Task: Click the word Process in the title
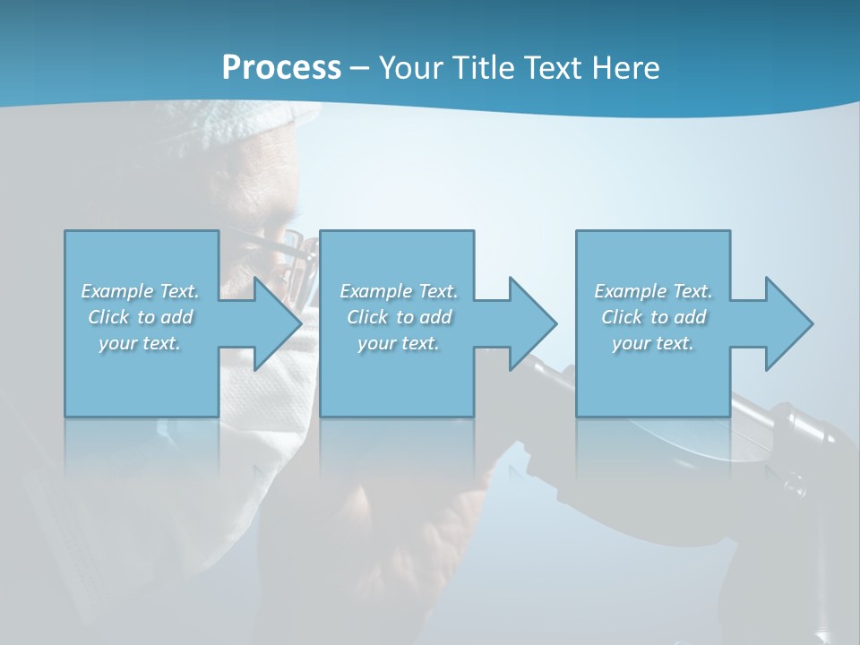tap(281, 68)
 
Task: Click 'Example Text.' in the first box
tap(140, 291)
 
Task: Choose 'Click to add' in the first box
tap(140, 317)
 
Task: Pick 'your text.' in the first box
tap(140, 343)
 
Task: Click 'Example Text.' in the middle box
tap(398, 291)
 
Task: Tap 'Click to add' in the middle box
tap(398, 317)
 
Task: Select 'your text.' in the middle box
tap(398, 343)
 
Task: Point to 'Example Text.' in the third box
tap(653, 291)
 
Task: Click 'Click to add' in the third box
tap(653, 317)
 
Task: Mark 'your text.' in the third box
tap(653, 343)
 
